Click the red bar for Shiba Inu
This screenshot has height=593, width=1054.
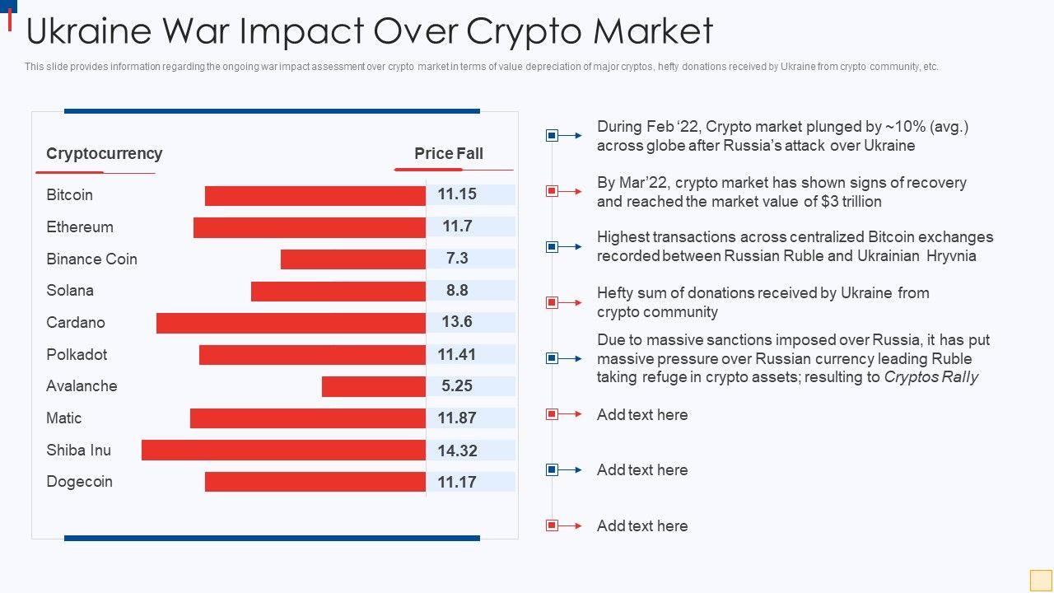[x=283, y=450]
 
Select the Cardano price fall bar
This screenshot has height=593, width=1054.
[x=291, y=323]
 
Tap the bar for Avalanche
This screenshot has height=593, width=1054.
[x=373, y=386]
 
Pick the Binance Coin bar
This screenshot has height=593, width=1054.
[x=352, y=259]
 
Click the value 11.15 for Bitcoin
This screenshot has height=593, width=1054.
[x=457, y=194]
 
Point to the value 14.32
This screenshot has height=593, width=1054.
[x=457, y=451]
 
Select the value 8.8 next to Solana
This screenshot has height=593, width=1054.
[x=457, y=290]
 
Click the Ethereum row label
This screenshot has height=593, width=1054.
[x=80, y=227]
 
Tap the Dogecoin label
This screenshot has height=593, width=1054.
[x=79, y=482]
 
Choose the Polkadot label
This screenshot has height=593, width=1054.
[x=77, y=355]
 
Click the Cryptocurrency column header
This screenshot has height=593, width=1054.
[x=105, y=153]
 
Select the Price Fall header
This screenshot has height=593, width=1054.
[x=449, y=153]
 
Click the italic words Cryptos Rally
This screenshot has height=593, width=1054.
[x=931, y=377]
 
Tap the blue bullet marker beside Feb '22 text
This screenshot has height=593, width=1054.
[x=553, y=135]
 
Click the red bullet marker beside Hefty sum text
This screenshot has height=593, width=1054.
[x=553, y=302]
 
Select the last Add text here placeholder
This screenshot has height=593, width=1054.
[x=642, y=525]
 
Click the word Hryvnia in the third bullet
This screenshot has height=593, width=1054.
[x=951, y=256]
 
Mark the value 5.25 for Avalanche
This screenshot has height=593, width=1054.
[x=457, y=386]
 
